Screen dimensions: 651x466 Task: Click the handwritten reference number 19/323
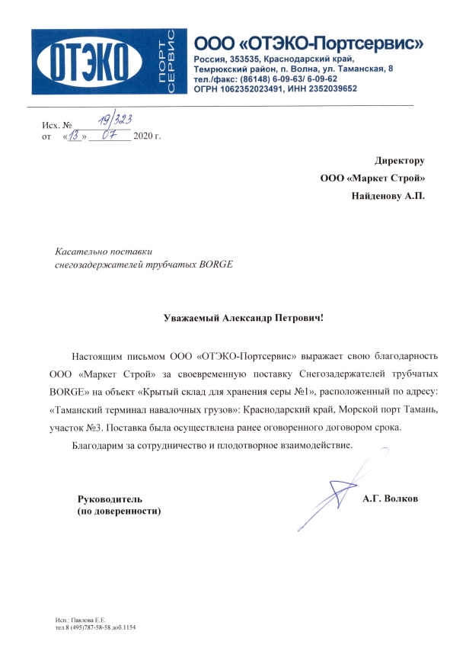(x=113, y=119)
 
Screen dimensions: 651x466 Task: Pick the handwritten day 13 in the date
(x=75, y=136)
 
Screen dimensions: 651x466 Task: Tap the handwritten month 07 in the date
(x=110, y=136)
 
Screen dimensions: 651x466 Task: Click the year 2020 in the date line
(x=143, y=137)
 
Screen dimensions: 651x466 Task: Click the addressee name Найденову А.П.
(x=388, y=196)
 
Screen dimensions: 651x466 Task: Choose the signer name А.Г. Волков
(x=391, y=499)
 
